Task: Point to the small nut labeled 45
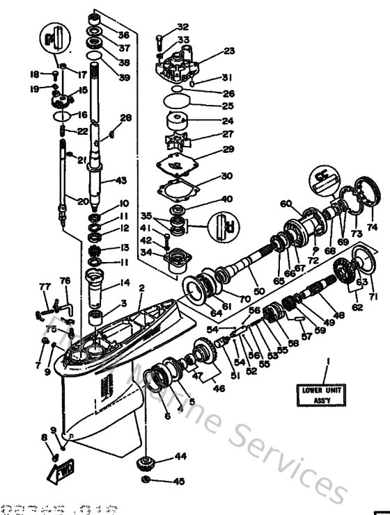(145, 481)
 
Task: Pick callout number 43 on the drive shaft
(122, 181)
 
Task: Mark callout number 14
(125, 284)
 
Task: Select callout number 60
(284, 204)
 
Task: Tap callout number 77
(45, 286)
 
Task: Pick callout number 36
(123, 35)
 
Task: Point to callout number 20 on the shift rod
(83, 202)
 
